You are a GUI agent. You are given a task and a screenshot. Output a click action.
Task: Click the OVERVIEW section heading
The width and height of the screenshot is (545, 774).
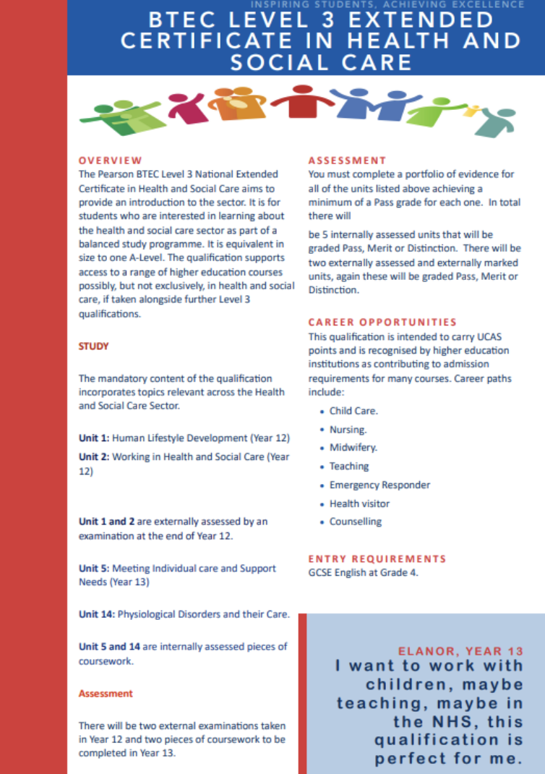111,161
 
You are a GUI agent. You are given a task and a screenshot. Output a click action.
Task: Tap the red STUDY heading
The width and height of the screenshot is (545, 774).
94,346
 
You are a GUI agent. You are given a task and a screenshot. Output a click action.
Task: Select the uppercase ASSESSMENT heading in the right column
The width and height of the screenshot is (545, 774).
348,161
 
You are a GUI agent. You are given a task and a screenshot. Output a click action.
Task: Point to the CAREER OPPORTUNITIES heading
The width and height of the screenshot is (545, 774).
382,322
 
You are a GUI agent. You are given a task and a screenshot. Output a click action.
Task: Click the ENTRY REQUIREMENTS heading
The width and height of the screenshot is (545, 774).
377,558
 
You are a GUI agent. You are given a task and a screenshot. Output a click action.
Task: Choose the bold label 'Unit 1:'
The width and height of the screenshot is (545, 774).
94,438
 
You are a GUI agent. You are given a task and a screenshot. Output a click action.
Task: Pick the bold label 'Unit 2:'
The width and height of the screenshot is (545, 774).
94,457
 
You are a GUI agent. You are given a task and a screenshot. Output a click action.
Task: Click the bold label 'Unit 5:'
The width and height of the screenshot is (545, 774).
94,569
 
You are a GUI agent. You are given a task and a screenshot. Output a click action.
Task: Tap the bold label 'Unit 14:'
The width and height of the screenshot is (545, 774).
97,615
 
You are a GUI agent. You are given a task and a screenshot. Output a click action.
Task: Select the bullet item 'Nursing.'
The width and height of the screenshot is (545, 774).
348,430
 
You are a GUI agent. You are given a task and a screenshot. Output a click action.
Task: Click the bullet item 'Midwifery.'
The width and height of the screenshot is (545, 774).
353,448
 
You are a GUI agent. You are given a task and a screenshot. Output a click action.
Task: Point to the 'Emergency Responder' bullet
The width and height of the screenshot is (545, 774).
379,485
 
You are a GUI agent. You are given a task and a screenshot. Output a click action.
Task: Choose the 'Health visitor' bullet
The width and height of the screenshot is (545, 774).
359,503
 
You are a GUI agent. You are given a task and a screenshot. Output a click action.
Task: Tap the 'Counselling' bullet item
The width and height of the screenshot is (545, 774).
356,522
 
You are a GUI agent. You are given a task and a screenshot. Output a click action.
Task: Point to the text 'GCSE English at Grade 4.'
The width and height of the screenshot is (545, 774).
363,573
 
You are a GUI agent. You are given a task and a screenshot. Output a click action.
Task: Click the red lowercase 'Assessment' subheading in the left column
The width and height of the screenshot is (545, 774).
106,693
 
